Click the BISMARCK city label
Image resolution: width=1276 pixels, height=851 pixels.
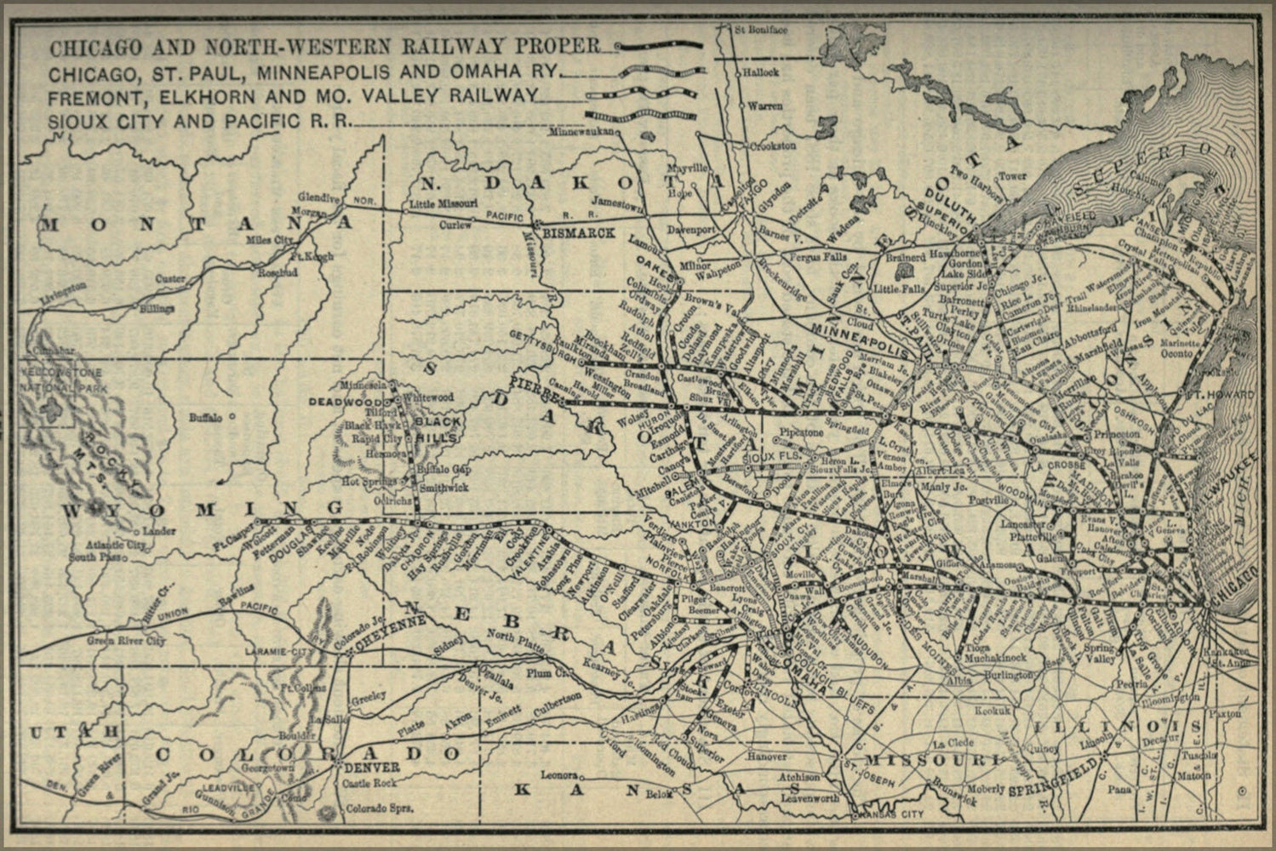click(x=579, y=232)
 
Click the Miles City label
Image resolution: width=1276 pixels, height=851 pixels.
click(x=268, y=240)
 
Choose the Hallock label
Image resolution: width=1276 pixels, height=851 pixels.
click(x=760, y=73)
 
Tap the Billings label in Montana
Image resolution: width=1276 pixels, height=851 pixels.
click(x=157, y=308)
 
